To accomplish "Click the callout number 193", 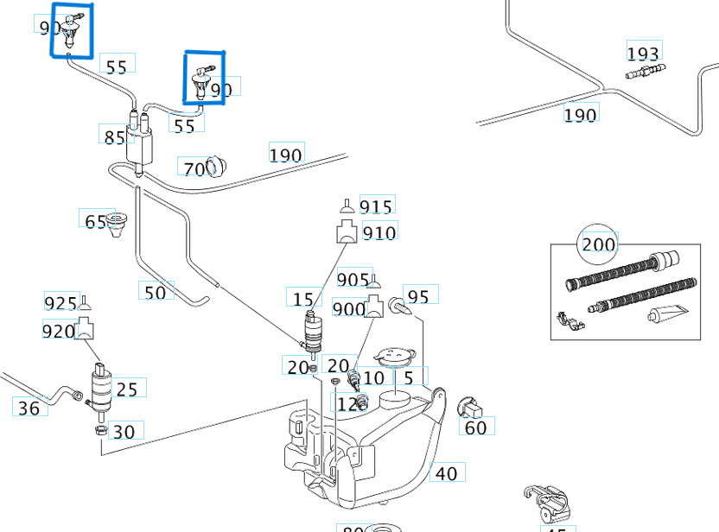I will pyautogui.click(x=644, y=53).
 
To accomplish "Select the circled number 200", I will pyautogui.click(x=598, y=244).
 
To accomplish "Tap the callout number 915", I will pyautogui.click(x=376, y=206).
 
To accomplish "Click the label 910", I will pyautogui.click(x=379, y=232).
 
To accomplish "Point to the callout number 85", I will pyautogui.click(x=114, y=136).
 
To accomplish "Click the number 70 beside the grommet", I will pyautogui.click(x=194, y=168).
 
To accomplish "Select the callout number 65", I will pyautogui.click(x=95, y=221).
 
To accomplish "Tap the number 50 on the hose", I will pyautogui.click(x=155, y=293).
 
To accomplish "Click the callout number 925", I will pyautogui.click(x=60, y=303).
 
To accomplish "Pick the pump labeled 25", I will pyautogui.click(x=102, y=381).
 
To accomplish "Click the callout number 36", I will pyautogui.click(x=29, y=408).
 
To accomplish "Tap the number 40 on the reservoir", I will pyautogui.click(x=446, y=473).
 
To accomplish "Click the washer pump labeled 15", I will pyautogui.click(x=311, y=332).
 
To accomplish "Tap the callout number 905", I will pyautogui.click(x=353, y=281).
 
